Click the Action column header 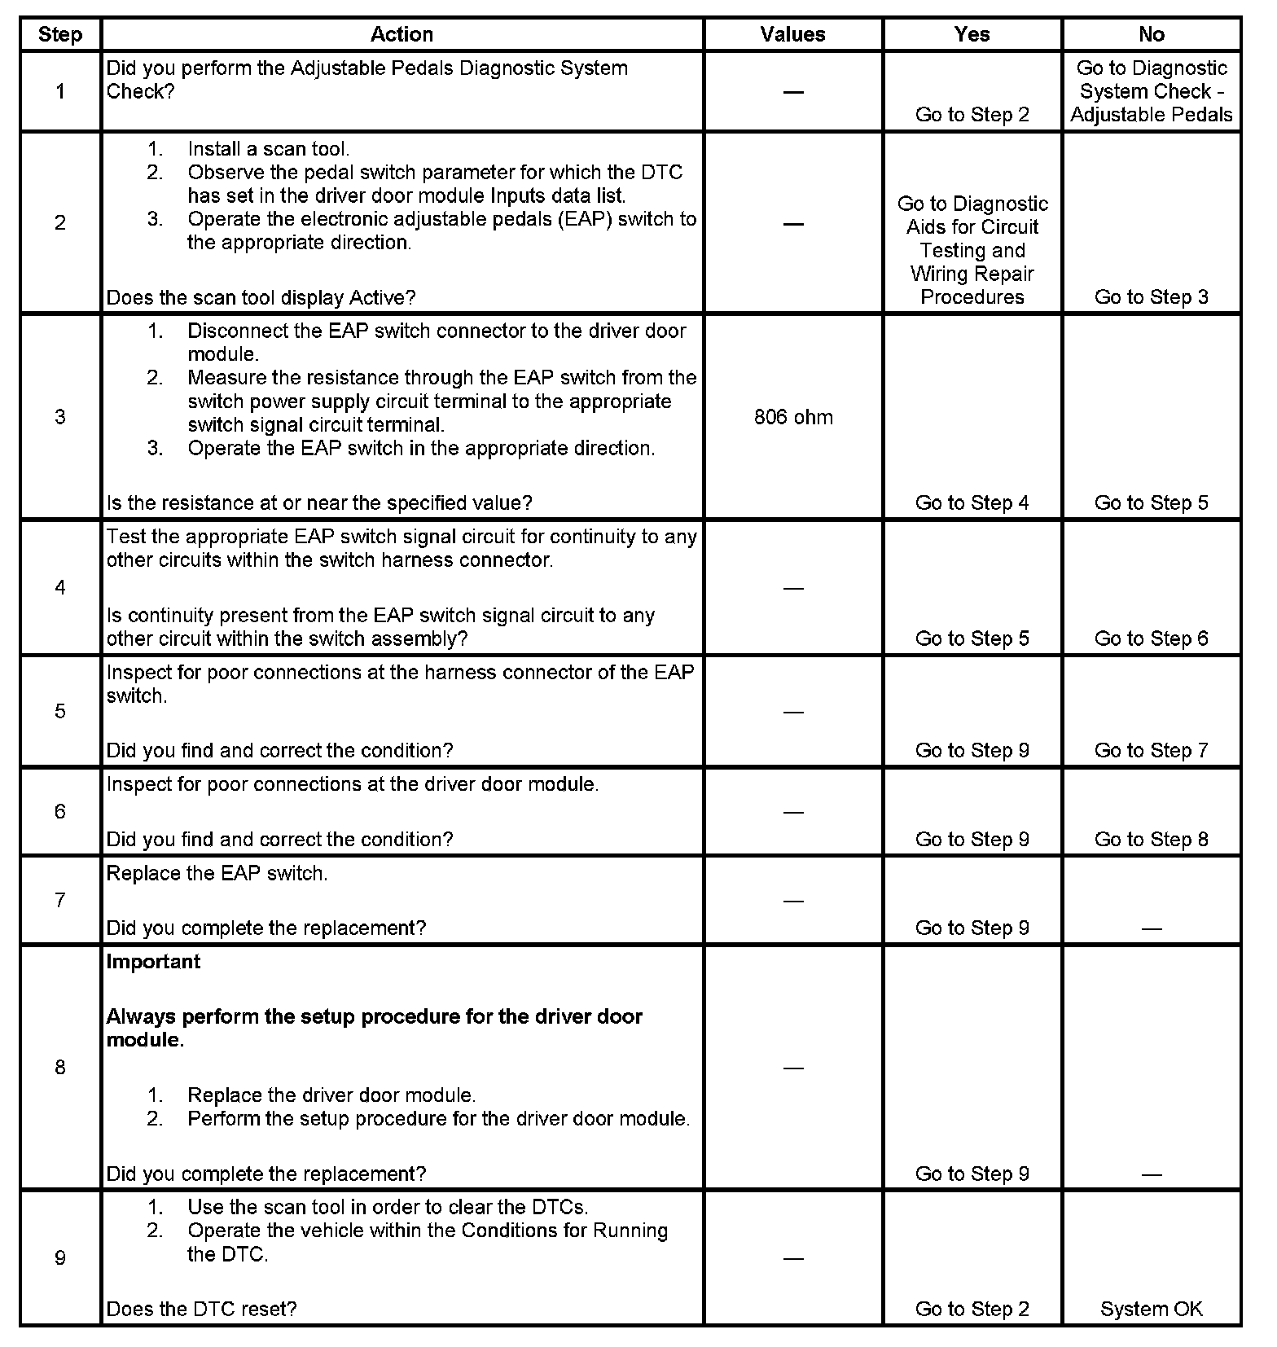[402, 34]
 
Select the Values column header [792, 34]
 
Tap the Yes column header [972, 34]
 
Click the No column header [1151, 34]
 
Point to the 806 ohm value [793, 417]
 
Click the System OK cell [1151, 1309]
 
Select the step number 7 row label [60, 900]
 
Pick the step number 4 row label [60, 587]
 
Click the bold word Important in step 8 [153, 962]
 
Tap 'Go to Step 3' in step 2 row [1151, 297]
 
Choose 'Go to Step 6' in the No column [1151, 638]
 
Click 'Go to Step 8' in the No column [1151, 839]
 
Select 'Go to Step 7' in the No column [1151, 750]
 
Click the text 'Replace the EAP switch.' [217, 874]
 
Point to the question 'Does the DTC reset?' [201, 1309]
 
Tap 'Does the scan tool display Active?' [261, 297]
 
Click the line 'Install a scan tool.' [268, 149]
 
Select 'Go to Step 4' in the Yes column [972, 502]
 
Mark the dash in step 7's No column [1151, 928]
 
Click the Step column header [60, 34]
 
